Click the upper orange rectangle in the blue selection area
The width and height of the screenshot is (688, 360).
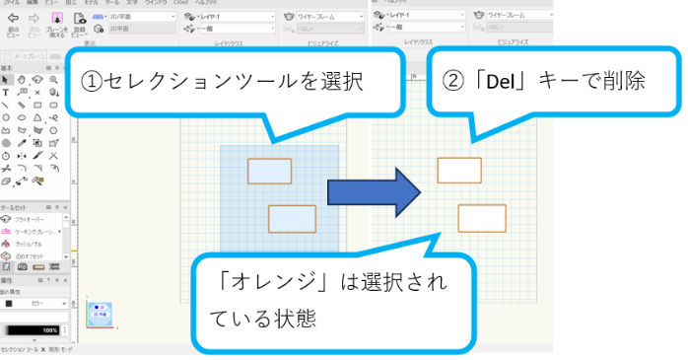(269, 171)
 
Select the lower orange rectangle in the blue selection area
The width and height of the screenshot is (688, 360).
(291, 218)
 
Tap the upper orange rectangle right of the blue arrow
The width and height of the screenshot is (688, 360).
(458, 170)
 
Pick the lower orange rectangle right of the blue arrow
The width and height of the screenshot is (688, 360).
(481, 218)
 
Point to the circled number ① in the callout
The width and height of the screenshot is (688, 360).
(93, 82)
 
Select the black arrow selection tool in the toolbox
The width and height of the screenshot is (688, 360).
(8, 79)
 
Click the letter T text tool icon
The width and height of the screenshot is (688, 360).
(8, 91)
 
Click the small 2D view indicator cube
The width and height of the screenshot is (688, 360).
(100, 313)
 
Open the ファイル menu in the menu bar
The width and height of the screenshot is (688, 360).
(10, 3)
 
